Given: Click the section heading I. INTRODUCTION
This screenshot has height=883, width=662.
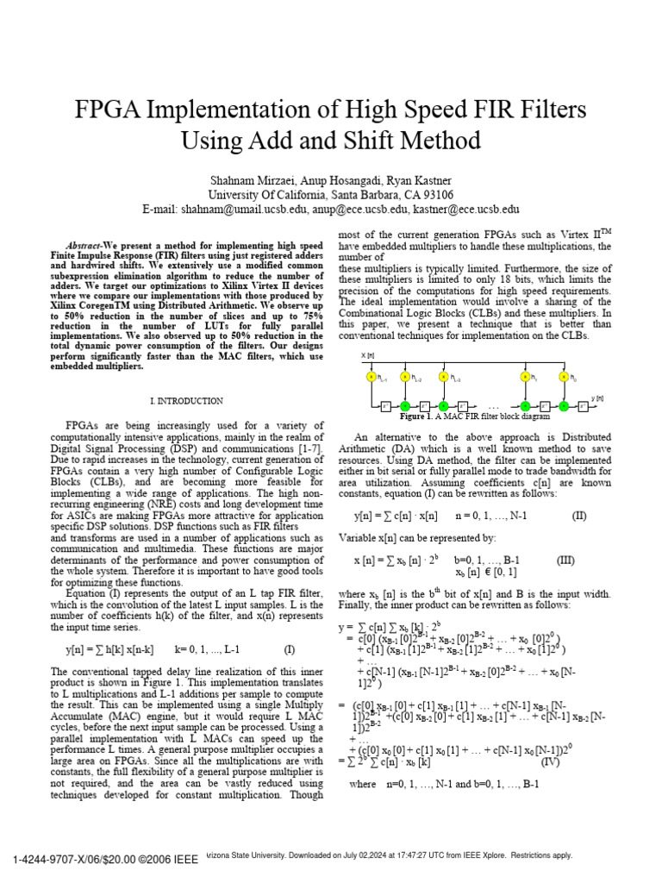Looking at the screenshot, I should pos(187,401).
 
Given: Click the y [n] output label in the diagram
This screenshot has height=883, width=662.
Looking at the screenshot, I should pos(597,398).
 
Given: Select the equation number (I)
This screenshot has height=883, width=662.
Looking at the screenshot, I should pos(289,649).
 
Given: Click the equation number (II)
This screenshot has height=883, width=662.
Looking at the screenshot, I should pos(579,517).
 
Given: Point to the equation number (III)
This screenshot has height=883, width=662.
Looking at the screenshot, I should pos(565,560).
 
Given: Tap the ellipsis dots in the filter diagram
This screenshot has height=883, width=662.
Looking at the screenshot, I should pos(493,406).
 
